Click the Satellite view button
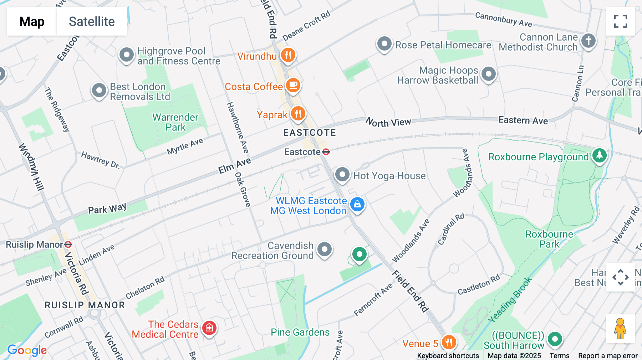tap(92, 21)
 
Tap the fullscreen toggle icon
tap(620, 21)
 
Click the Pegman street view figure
tap(620, 328)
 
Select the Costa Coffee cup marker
tap(293, 85)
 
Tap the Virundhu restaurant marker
tap(288, 55)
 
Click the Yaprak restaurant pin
tap(298, 114)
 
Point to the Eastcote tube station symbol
tap(326, 152)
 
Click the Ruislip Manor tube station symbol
tap(68, 245)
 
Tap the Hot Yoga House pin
tap(342, 175)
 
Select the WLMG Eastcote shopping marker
tap(357, 205)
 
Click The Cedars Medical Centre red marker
tap(209, 328)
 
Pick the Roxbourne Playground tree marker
tap(599, 155)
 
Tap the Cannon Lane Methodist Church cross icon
tap(588, 40)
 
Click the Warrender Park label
tap(175, 122)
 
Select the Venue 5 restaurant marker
tap(448, 343)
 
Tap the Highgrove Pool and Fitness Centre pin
tap(126, 55)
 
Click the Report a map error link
tap(608, 356)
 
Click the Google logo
tap(27, 350)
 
